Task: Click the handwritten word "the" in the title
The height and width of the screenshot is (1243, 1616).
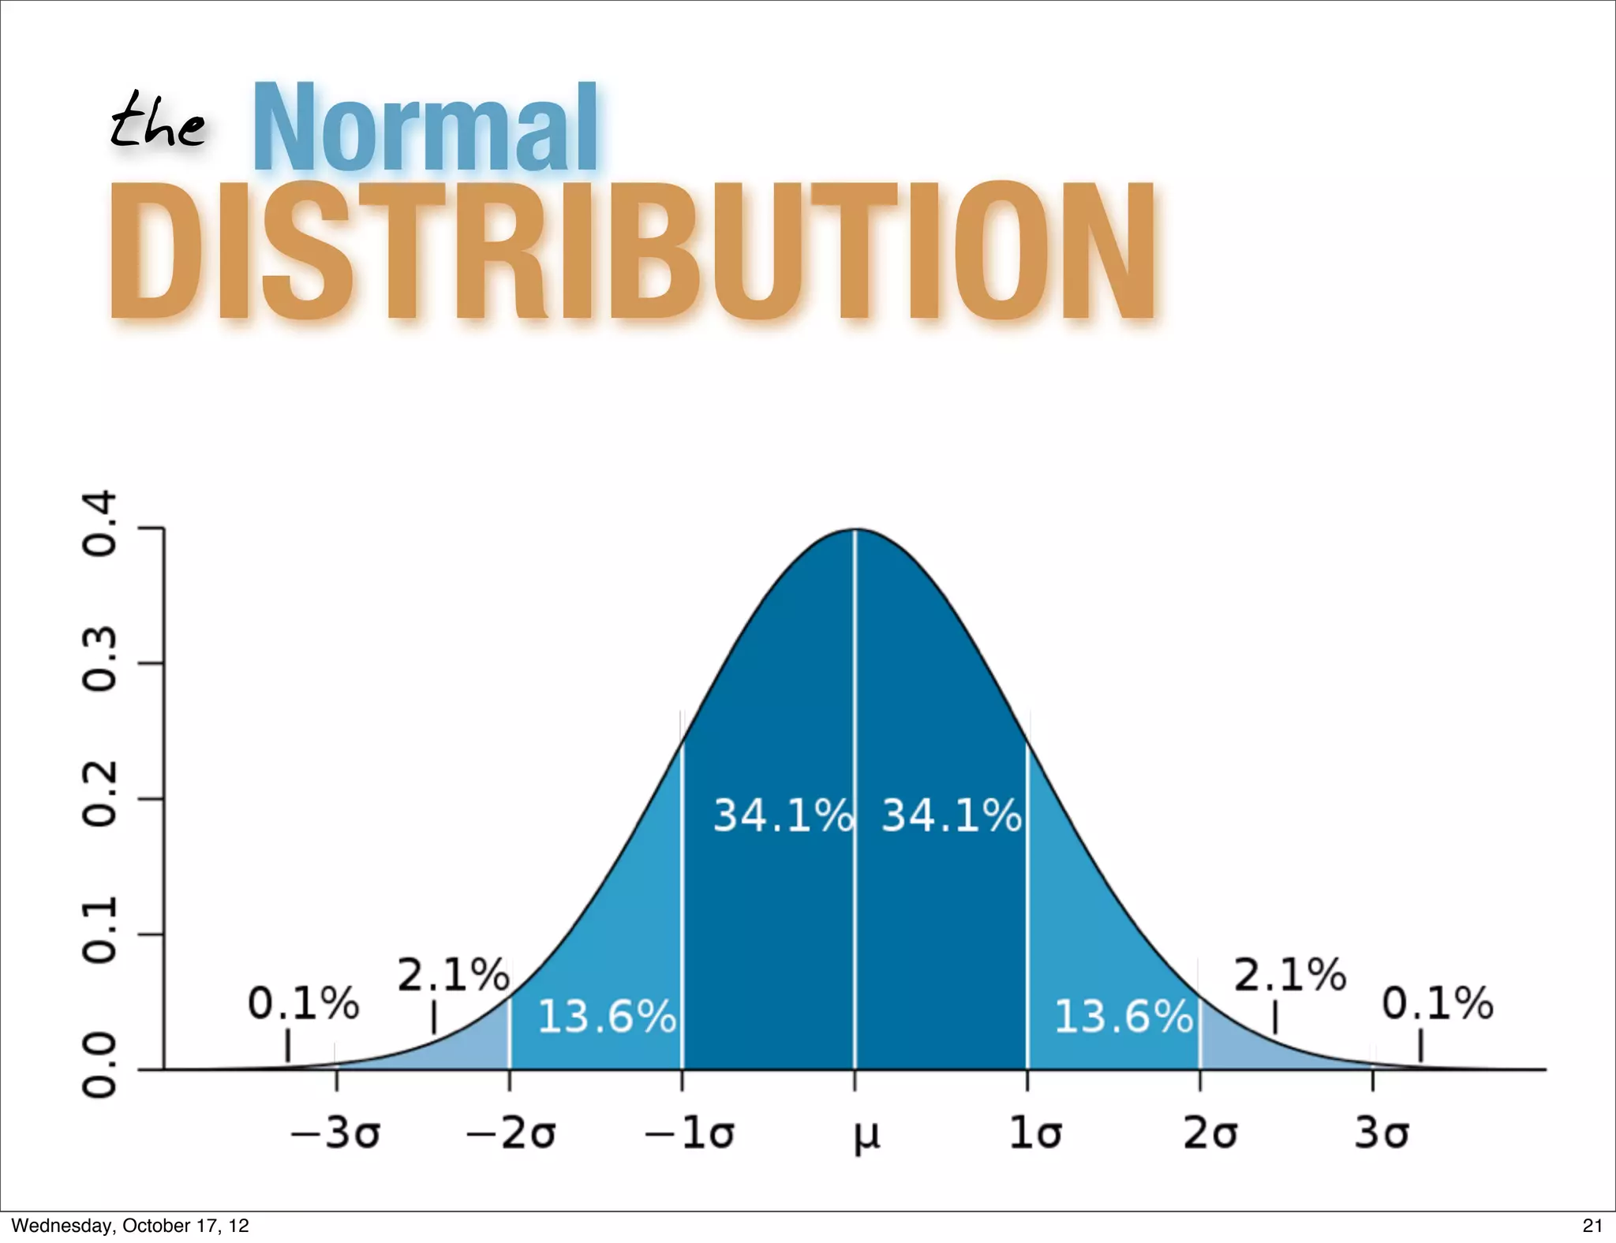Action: tap(157, 121)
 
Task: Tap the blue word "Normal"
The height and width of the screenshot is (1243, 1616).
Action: tap(425, 128)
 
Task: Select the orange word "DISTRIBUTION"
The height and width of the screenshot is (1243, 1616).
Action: tap(633, 252)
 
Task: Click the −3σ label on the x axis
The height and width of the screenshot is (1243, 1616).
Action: tap(336, 1134)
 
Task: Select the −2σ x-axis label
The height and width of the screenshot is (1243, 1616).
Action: tap(511, 1134)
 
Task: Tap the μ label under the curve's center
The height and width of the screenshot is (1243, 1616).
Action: tap(866, 1136)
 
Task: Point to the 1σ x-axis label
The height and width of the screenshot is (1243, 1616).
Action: tap(1035, 1134)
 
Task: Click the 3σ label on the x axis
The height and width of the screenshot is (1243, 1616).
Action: tap(1382, 1134)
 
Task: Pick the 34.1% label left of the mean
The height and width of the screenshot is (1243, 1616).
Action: tap(783, 816)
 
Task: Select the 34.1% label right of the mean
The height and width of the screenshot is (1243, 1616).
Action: tap(951, 816)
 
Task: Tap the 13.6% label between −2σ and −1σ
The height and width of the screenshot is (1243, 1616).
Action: tap(607, 1016)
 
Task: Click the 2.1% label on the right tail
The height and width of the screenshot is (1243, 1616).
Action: tap(1289, 975)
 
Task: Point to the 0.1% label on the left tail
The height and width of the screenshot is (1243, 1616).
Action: tap(303, 1004)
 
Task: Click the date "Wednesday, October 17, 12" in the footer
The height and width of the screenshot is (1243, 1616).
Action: tap(130, 1226)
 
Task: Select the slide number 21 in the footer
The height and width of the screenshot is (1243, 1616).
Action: tap(1592, 1226)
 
